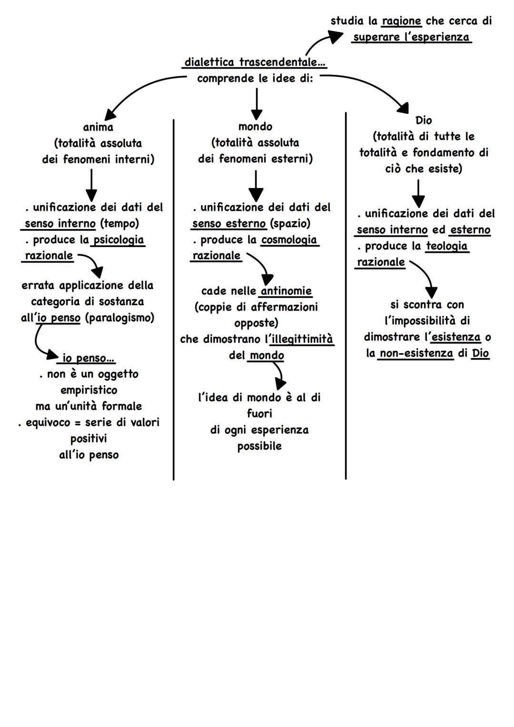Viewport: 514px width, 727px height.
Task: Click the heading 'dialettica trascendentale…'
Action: (x=255, y=62)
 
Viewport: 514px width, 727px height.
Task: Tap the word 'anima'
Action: (x=98, y=127)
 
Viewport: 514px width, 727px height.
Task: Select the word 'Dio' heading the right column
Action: (x=423, y=120)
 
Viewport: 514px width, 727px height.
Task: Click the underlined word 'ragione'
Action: (x=402, y=21)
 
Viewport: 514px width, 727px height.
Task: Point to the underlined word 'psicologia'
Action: (x=119, y=239)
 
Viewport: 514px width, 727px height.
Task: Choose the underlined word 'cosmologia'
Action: (x=289, y=239)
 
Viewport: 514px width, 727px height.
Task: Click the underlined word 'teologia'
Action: (x=446, y=246)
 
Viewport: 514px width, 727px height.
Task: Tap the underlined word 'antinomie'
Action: (x=286, y=291)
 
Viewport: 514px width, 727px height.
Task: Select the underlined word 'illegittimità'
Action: (x=302, y=339)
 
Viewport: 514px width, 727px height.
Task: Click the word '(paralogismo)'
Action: (x=119, y=318)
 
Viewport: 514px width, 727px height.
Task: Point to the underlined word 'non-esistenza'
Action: (x=416, y=353)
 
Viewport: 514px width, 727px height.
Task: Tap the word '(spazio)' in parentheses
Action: (x=290, y=223)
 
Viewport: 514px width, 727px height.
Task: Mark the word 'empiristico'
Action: (x=89, y=390)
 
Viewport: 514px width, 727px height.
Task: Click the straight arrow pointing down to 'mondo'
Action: (x=257, y=103)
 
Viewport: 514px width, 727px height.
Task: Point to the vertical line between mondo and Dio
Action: (x=346, y=295)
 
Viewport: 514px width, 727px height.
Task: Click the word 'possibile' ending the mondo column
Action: (x=259, y=446)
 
